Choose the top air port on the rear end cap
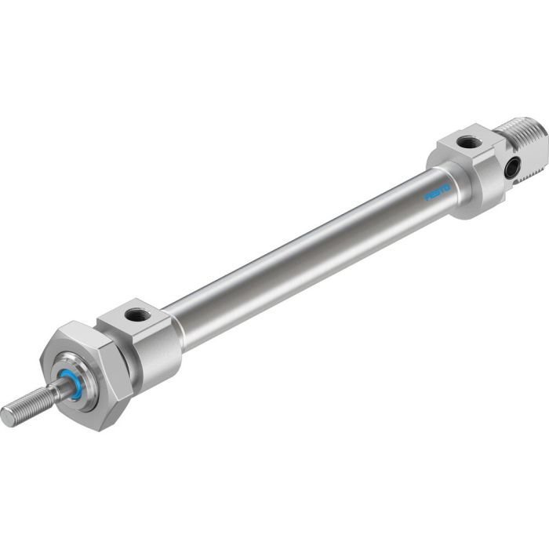tap(469, 143)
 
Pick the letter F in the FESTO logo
tap(428, 198)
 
